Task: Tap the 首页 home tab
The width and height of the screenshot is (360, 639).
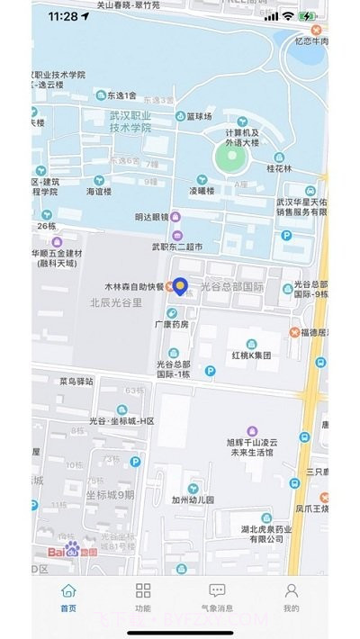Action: tap(68, 597)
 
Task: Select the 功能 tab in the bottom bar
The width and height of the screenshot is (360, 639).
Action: tap(143, 597)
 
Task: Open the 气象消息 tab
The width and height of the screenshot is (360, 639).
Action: tap(217, 597)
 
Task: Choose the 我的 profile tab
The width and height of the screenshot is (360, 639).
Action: tap(292, 597)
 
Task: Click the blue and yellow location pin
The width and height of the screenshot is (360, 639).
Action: tap(180, 286)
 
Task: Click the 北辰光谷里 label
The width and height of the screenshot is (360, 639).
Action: tap(116, 302)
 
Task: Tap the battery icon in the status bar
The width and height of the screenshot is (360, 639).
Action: tap(308, 16)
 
